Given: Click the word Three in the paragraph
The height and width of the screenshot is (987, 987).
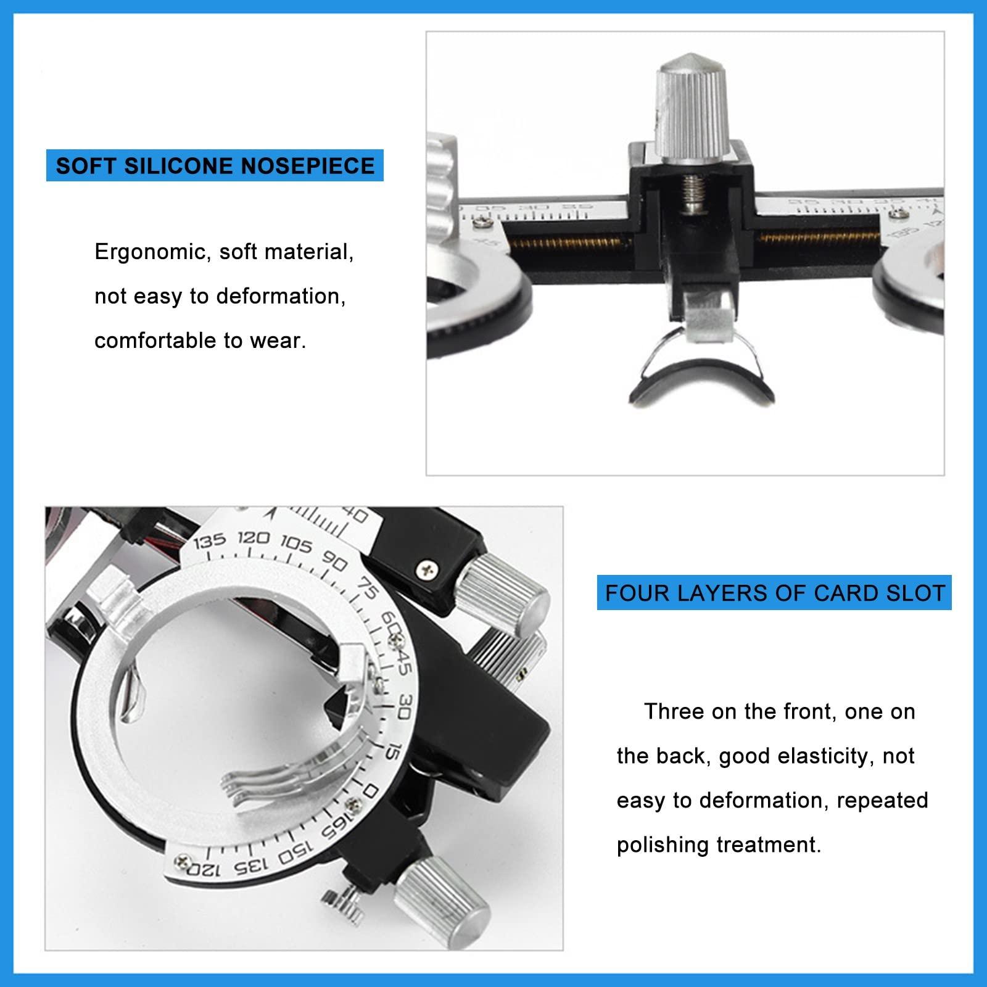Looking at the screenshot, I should click(674, 712).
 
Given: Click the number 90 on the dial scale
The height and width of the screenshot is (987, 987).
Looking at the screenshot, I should click(334, 561).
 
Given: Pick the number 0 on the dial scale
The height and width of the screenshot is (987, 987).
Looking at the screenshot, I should click(371, 791).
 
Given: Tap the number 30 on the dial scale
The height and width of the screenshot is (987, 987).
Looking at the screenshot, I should click(405, 706).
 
